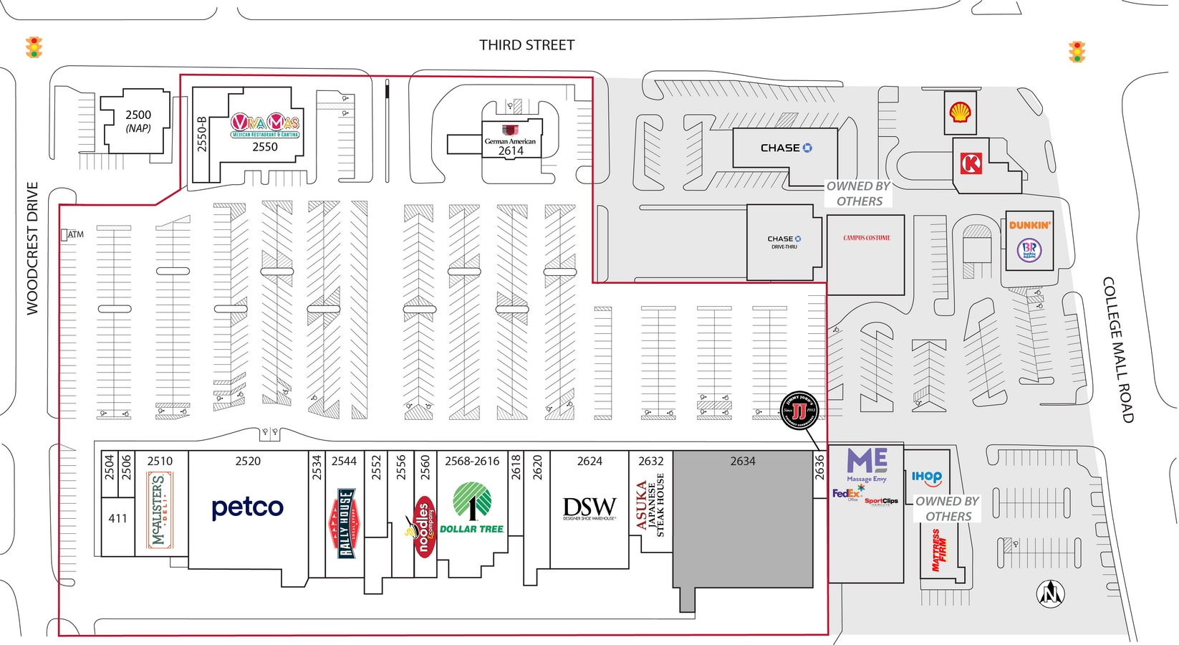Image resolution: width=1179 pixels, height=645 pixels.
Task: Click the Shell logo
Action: (960, 112)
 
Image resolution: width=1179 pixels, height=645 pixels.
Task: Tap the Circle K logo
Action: (971, 164)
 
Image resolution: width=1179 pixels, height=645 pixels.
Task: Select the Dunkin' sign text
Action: (1030, 225)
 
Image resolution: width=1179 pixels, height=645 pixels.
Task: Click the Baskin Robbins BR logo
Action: (1029, 250)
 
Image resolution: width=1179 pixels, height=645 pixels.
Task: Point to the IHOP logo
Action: (927, 477)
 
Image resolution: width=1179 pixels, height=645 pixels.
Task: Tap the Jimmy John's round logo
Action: (799, 411)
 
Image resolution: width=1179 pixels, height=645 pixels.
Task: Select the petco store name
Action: (248, 507)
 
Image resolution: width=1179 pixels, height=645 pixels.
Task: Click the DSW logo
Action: (589, 508)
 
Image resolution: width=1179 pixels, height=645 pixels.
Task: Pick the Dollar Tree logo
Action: (472, 508)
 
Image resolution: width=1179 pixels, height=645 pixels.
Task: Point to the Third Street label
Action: (526, 45)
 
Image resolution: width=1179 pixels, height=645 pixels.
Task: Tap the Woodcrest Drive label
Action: (32, 248)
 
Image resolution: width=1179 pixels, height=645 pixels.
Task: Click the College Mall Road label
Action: (1117, 349)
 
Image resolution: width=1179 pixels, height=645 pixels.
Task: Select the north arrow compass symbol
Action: (1051, 593)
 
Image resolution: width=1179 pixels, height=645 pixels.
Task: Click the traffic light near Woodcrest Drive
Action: (34, 47)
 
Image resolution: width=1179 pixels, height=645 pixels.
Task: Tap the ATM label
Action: (75, 234)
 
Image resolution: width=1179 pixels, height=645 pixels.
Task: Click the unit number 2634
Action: (743, 461)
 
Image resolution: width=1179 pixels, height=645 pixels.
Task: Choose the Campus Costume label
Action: (867, 238)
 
